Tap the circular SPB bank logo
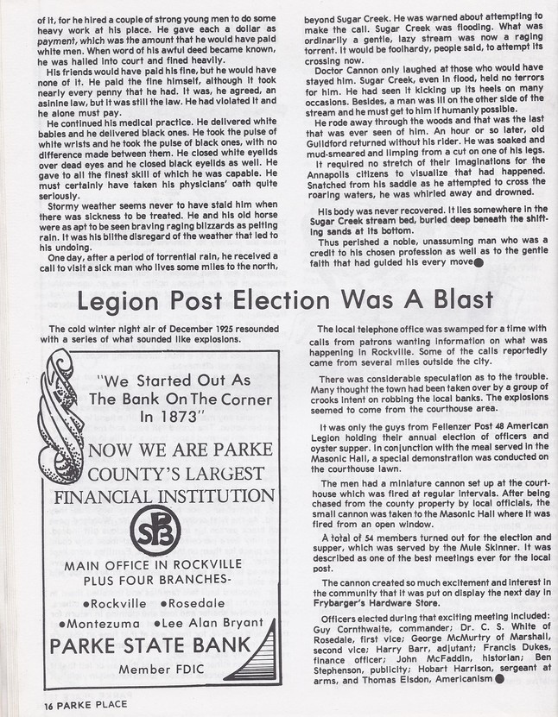(x=155, y=530)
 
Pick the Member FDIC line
(x=157, y=669)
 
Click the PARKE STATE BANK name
(x=150, y=645)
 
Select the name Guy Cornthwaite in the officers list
(x=355, y=631)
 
